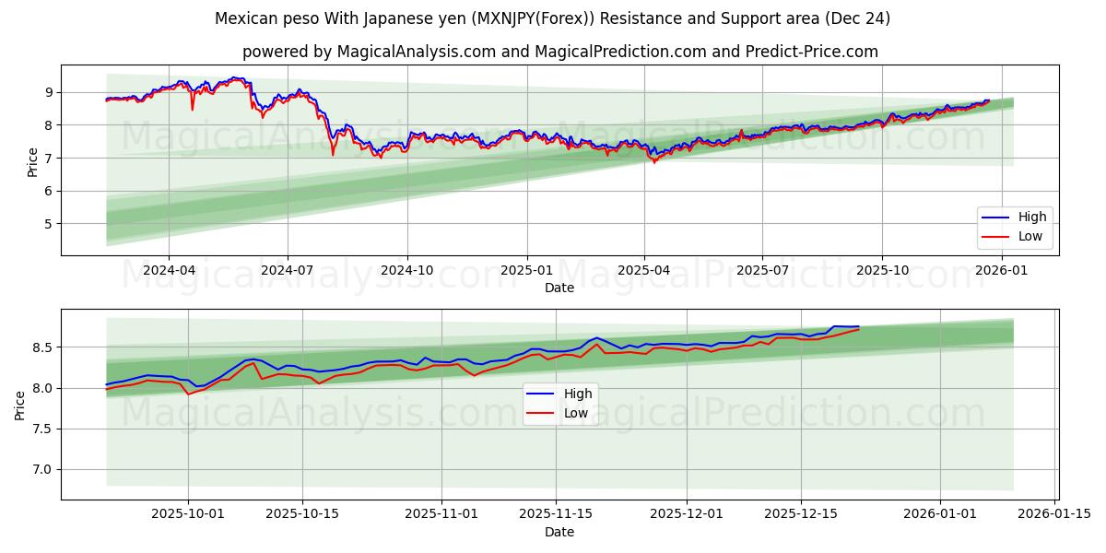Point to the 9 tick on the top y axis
48,92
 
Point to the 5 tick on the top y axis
48,224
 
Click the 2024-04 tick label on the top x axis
169,270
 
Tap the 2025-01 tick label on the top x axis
527,270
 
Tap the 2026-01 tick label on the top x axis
1001,270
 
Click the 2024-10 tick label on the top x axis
407,270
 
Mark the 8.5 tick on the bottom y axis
41,347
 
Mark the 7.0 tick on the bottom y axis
41,469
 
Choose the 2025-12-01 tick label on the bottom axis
688,514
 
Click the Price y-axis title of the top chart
33,160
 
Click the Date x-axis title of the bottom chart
559,532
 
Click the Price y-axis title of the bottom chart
20,404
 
